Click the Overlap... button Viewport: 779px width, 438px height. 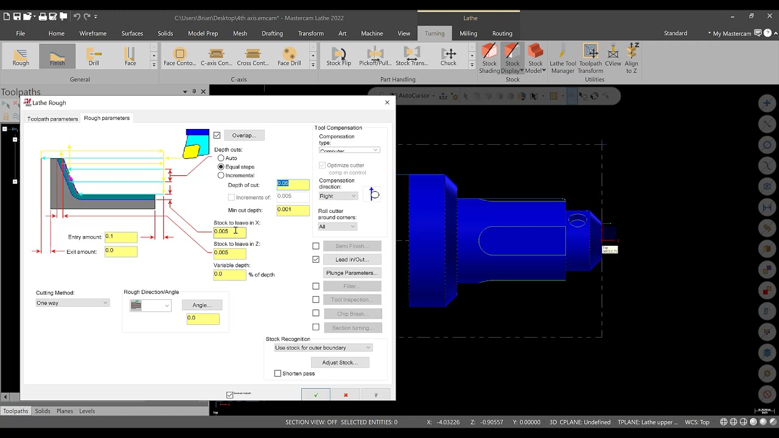click(x=243, y=135)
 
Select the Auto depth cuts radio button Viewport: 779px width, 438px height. click(x=221, y=158)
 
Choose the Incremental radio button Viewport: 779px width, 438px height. click(x=221, y=175)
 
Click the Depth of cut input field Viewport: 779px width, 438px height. click(x=293, y=184)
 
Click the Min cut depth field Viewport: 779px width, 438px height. click(x=293, y=210)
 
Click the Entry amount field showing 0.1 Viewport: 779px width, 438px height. click(x=121, y=237)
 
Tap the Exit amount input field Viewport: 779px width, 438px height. click(x=121, y=251)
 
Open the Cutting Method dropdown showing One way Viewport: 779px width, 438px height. click(x=72, y=303)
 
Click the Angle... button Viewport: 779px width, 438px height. click(x=201, y=305)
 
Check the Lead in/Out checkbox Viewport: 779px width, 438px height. click(x=316, y=259)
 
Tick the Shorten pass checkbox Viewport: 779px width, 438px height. click(x=278, y=374)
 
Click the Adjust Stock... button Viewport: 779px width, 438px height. click(x=340, y=363)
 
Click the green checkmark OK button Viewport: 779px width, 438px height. click(x=315, y=395)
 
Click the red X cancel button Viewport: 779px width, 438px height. click(x=346, y=395)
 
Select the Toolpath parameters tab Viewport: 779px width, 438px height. click(x=52, y=119)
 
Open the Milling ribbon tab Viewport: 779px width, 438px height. click(x=468, y=33)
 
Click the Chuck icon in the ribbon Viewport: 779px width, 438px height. click(x=449, y=57)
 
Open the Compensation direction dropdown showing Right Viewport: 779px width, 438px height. click(x=338, y=196)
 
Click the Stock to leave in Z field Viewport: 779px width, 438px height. click(x=229, y=252)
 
